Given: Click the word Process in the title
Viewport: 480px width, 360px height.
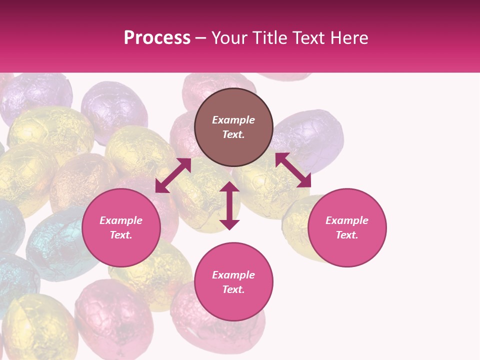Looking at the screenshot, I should (157, 38).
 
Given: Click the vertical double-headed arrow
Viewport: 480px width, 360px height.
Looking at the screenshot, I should (229, 205).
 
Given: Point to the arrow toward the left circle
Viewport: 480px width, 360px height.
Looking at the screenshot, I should (173, 175).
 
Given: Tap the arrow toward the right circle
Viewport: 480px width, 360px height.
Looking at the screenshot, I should (293, 170).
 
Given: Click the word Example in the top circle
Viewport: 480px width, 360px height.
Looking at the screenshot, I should (233, 120).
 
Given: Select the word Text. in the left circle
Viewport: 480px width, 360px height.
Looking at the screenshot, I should (121, 235).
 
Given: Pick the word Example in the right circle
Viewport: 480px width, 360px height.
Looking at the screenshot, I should (347, 220).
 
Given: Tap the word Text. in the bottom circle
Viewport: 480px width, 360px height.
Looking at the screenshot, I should (233, 289).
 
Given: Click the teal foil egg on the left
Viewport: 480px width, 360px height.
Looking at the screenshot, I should (55, 245).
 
